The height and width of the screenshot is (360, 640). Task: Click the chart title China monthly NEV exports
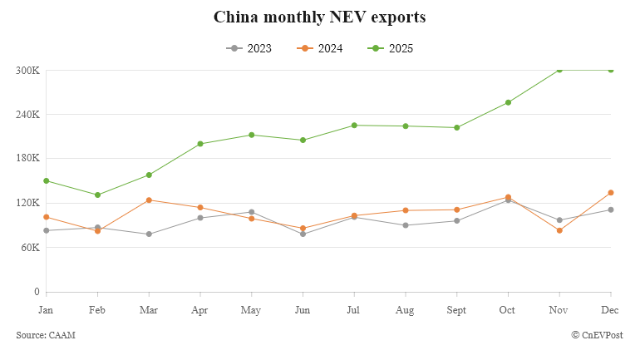(x=320, y=17)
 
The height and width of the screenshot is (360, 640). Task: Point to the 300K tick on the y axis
(x=27, y=70)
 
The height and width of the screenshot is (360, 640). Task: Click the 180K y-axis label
(x=27, y=158)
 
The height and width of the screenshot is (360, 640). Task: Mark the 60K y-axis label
(x=29, y=247)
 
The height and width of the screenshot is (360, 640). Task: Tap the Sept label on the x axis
(x=456, y=309)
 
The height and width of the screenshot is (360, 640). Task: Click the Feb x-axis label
(x=98, y=309)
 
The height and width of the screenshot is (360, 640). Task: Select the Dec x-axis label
(x=611, y=309)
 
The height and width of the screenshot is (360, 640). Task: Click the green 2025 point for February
(x=98, y=195)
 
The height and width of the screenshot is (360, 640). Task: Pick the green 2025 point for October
(x=508, y=102)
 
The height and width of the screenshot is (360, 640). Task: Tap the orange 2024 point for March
(x=149, y=200)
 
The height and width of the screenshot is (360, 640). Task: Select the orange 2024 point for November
(x=559, y=230)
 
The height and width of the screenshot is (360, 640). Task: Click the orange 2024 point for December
(x=611, y=193)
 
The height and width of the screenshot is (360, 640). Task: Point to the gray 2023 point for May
(x=252, y=212)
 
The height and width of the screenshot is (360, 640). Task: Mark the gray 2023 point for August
(x=406, y=225)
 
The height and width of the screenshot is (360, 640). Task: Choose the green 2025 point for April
(x=200, y=144)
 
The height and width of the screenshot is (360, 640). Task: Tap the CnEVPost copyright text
(x=598, y=334)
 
